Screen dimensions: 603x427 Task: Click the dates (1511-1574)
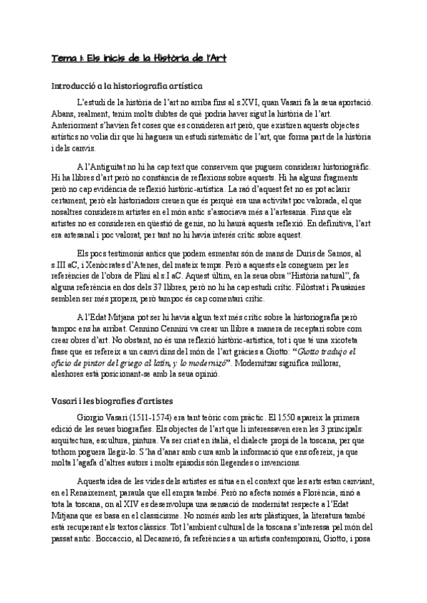146,417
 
